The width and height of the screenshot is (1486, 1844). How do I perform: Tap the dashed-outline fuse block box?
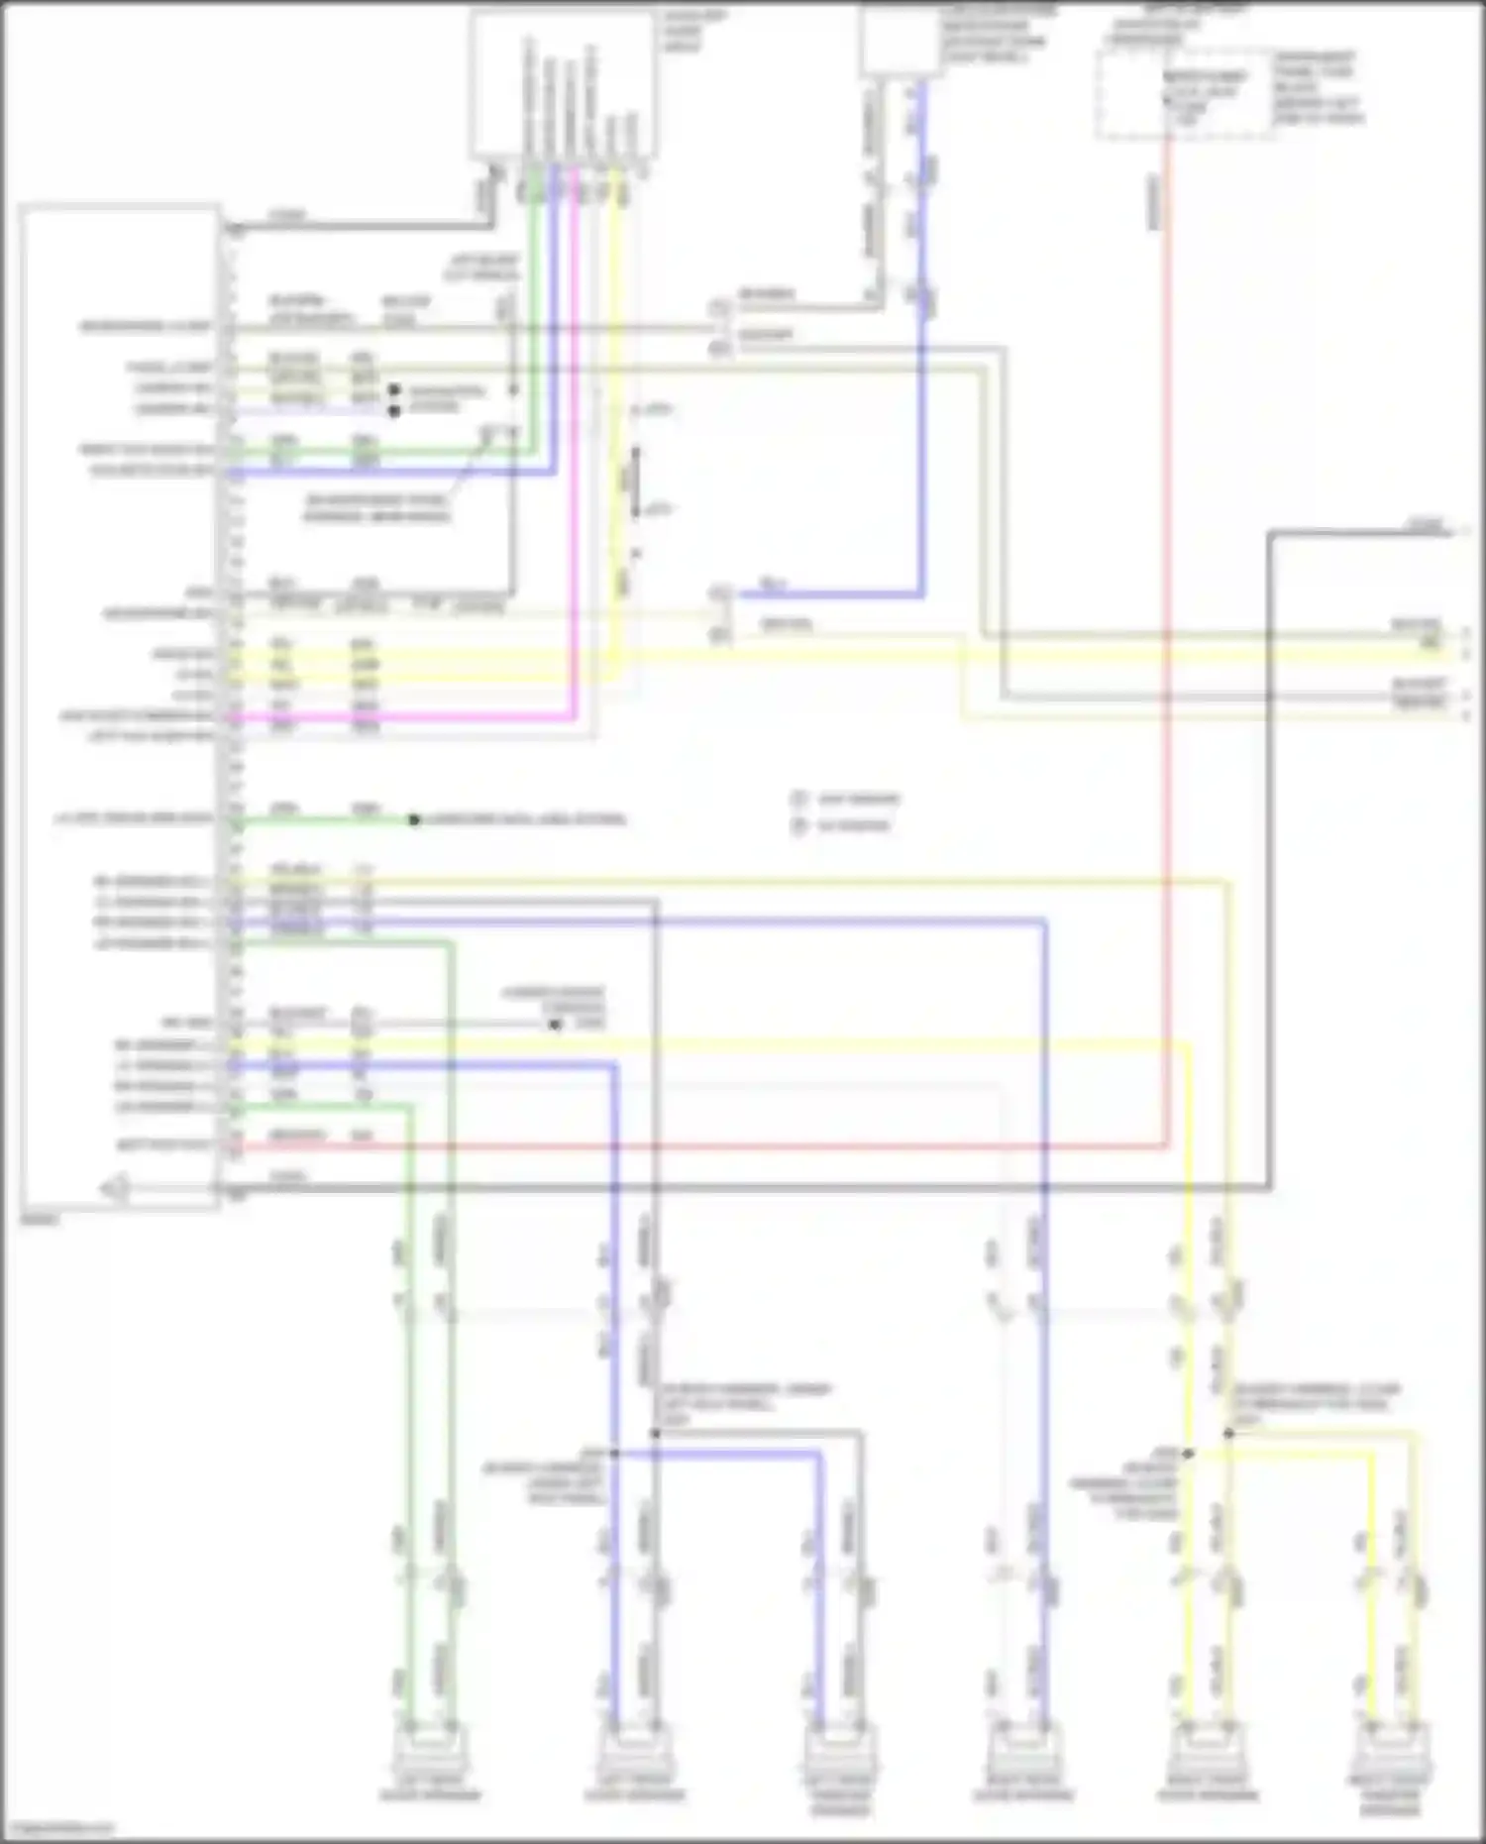[1185, 94]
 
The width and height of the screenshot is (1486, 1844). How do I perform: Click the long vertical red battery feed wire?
[1168, 644]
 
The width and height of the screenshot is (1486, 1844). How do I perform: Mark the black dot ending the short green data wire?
[414, 819]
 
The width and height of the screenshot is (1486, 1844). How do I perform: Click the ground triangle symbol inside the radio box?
[118, 1187]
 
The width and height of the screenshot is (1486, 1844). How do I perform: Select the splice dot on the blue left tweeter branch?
[614, 1454]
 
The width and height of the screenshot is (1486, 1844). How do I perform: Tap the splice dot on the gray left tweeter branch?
[655, 1433]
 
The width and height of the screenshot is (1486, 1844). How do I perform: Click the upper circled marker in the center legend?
[798, 799]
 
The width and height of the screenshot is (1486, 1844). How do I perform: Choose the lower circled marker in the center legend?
[798, 824]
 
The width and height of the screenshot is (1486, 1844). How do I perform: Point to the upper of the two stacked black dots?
[393, 390]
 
